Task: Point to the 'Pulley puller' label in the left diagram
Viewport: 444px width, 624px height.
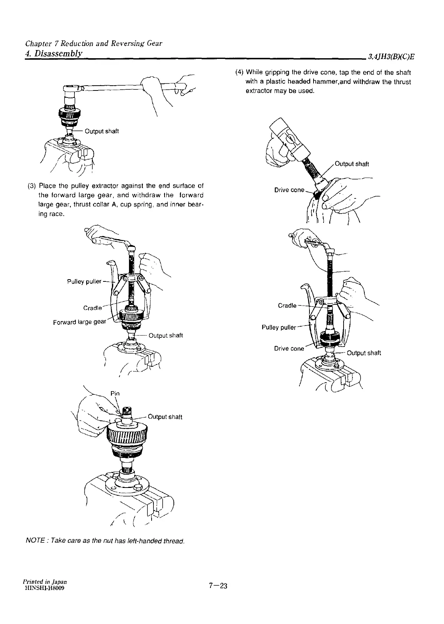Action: click(84, 281)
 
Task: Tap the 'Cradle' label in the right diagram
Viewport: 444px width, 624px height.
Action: click(287, 306)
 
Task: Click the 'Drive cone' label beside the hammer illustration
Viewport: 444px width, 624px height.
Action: click(289, 190)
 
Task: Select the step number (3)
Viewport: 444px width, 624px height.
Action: click(32, 185)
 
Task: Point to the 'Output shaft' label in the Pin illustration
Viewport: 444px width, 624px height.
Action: click(165, 417)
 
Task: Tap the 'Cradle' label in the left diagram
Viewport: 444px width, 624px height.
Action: click(92, 308)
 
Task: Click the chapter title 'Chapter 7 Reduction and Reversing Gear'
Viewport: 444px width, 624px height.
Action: click(93, 43)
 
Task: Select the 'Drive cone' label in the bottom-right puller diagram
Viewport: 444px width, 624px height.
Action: click(289, 349)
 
